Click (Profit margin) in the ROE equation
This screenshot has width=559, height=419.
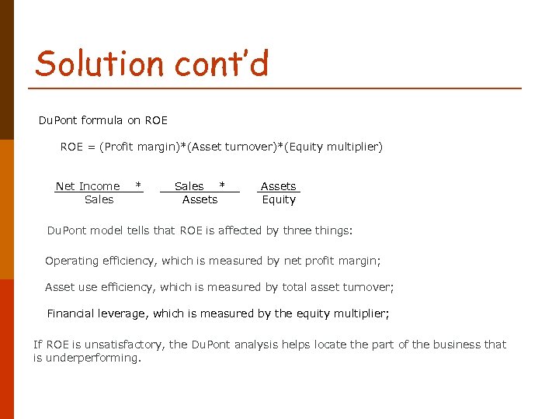[138, 147]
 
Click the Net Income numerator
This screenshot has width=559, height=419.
[88, 186]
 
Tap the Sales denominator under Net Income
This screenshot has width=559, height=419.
[99, 199]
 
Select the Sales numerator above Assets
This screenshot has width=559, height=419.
[189, 186]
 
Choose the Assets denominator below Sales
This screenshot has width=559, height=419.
[200, 199]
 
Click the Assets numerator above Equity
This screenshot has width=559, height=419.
[278, 186]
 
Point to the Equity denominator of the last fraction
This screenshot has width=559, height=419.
[279, 199]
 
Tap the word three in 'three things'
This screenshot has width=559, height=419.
[298, 230]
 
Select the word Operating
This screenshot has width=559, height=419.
[71, 261]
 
